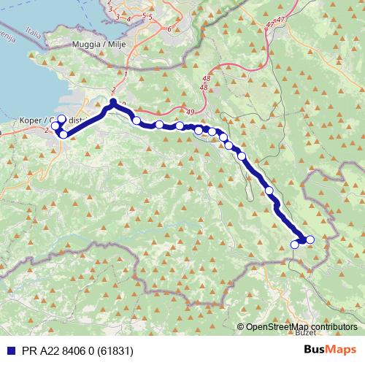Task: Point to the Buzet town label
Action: coord(307,332)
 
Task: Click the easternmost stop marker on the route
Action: coord(310,239)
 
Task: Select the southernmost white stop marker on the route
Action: coord(295,245)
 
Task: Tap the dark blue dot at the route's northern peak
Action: coord(113,103)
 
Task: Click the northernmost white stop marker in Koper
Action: coord(61,119)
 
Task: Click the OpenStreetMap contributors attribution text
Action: coord(301,326)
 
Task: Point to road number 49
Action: coord(190,111)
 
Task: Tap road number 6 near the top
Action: coord(169,29)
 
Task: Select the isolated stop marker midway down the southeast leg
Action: coord(269,191)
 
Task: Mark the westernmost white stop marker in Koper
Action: coord(55,126)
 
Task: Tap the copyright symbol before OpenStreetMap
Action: coord(242,326)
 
